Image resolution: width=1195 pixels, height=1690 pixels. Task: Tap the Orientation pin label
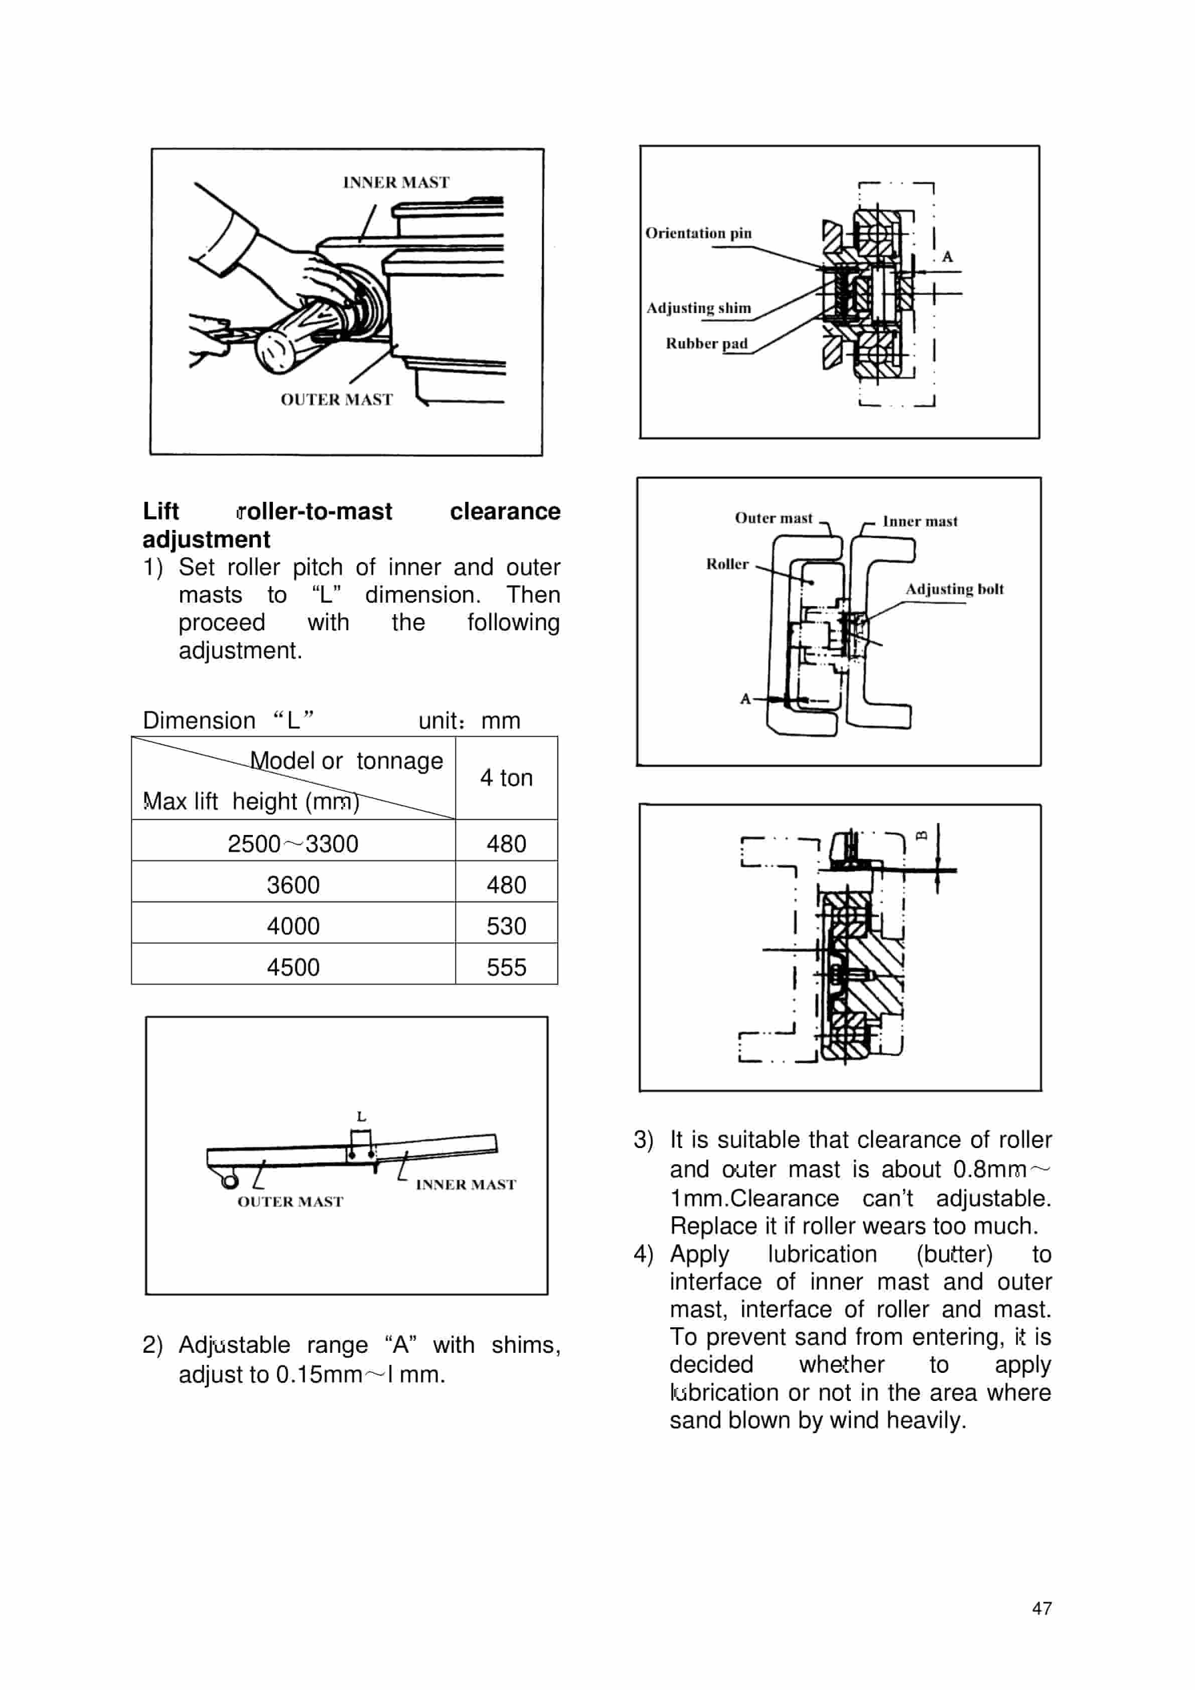(698, 233)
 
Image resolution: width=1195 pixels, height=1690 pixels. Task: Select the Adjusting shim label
(698, 309)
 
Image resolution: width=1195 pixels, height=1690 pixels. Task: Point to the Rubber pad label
(706, 344)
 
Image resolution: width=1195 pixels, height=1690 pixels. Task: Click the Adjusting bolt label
(954, 589)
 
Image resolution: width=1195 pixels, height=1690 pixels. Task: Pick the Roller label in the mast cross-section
(727, 564)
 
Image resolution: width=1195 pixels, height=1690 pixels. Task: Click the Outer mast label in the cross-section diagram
(774, 518)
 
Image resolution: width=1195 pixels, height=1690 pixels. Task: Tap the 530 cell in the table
(506, 926)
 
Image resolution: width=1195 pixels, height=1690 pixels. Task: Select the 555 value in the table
(506, 967)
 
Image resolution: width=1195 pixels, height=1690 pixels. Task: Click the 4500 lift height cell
(293, 967)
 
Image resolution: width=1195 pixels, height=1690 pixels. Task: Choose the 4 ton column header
(506, 778)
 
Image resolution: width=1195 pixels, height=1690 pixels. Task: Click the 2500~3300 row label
(293, 843)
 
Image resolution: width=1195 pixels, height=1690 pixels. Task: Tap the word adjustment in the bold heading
(206, 539)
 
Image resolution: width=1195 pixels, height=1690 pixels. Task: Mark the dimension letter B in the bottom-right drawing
(921, 835)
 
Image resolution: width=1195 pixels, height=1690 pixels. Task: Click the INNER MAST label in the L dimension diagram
(465, 1184)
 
